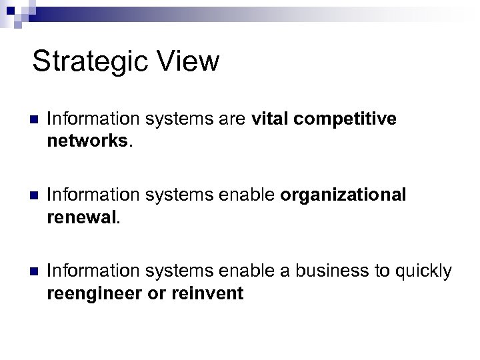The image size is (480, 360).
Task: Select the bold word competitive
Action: (x=345, y=119)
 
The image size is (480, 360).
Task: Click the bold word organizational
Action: (x=343, y=195)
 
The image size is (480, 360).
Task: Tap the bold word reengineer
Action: (x=94, y=293)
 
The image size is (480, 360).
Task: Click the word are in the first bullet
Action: (x=235, y=119)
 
